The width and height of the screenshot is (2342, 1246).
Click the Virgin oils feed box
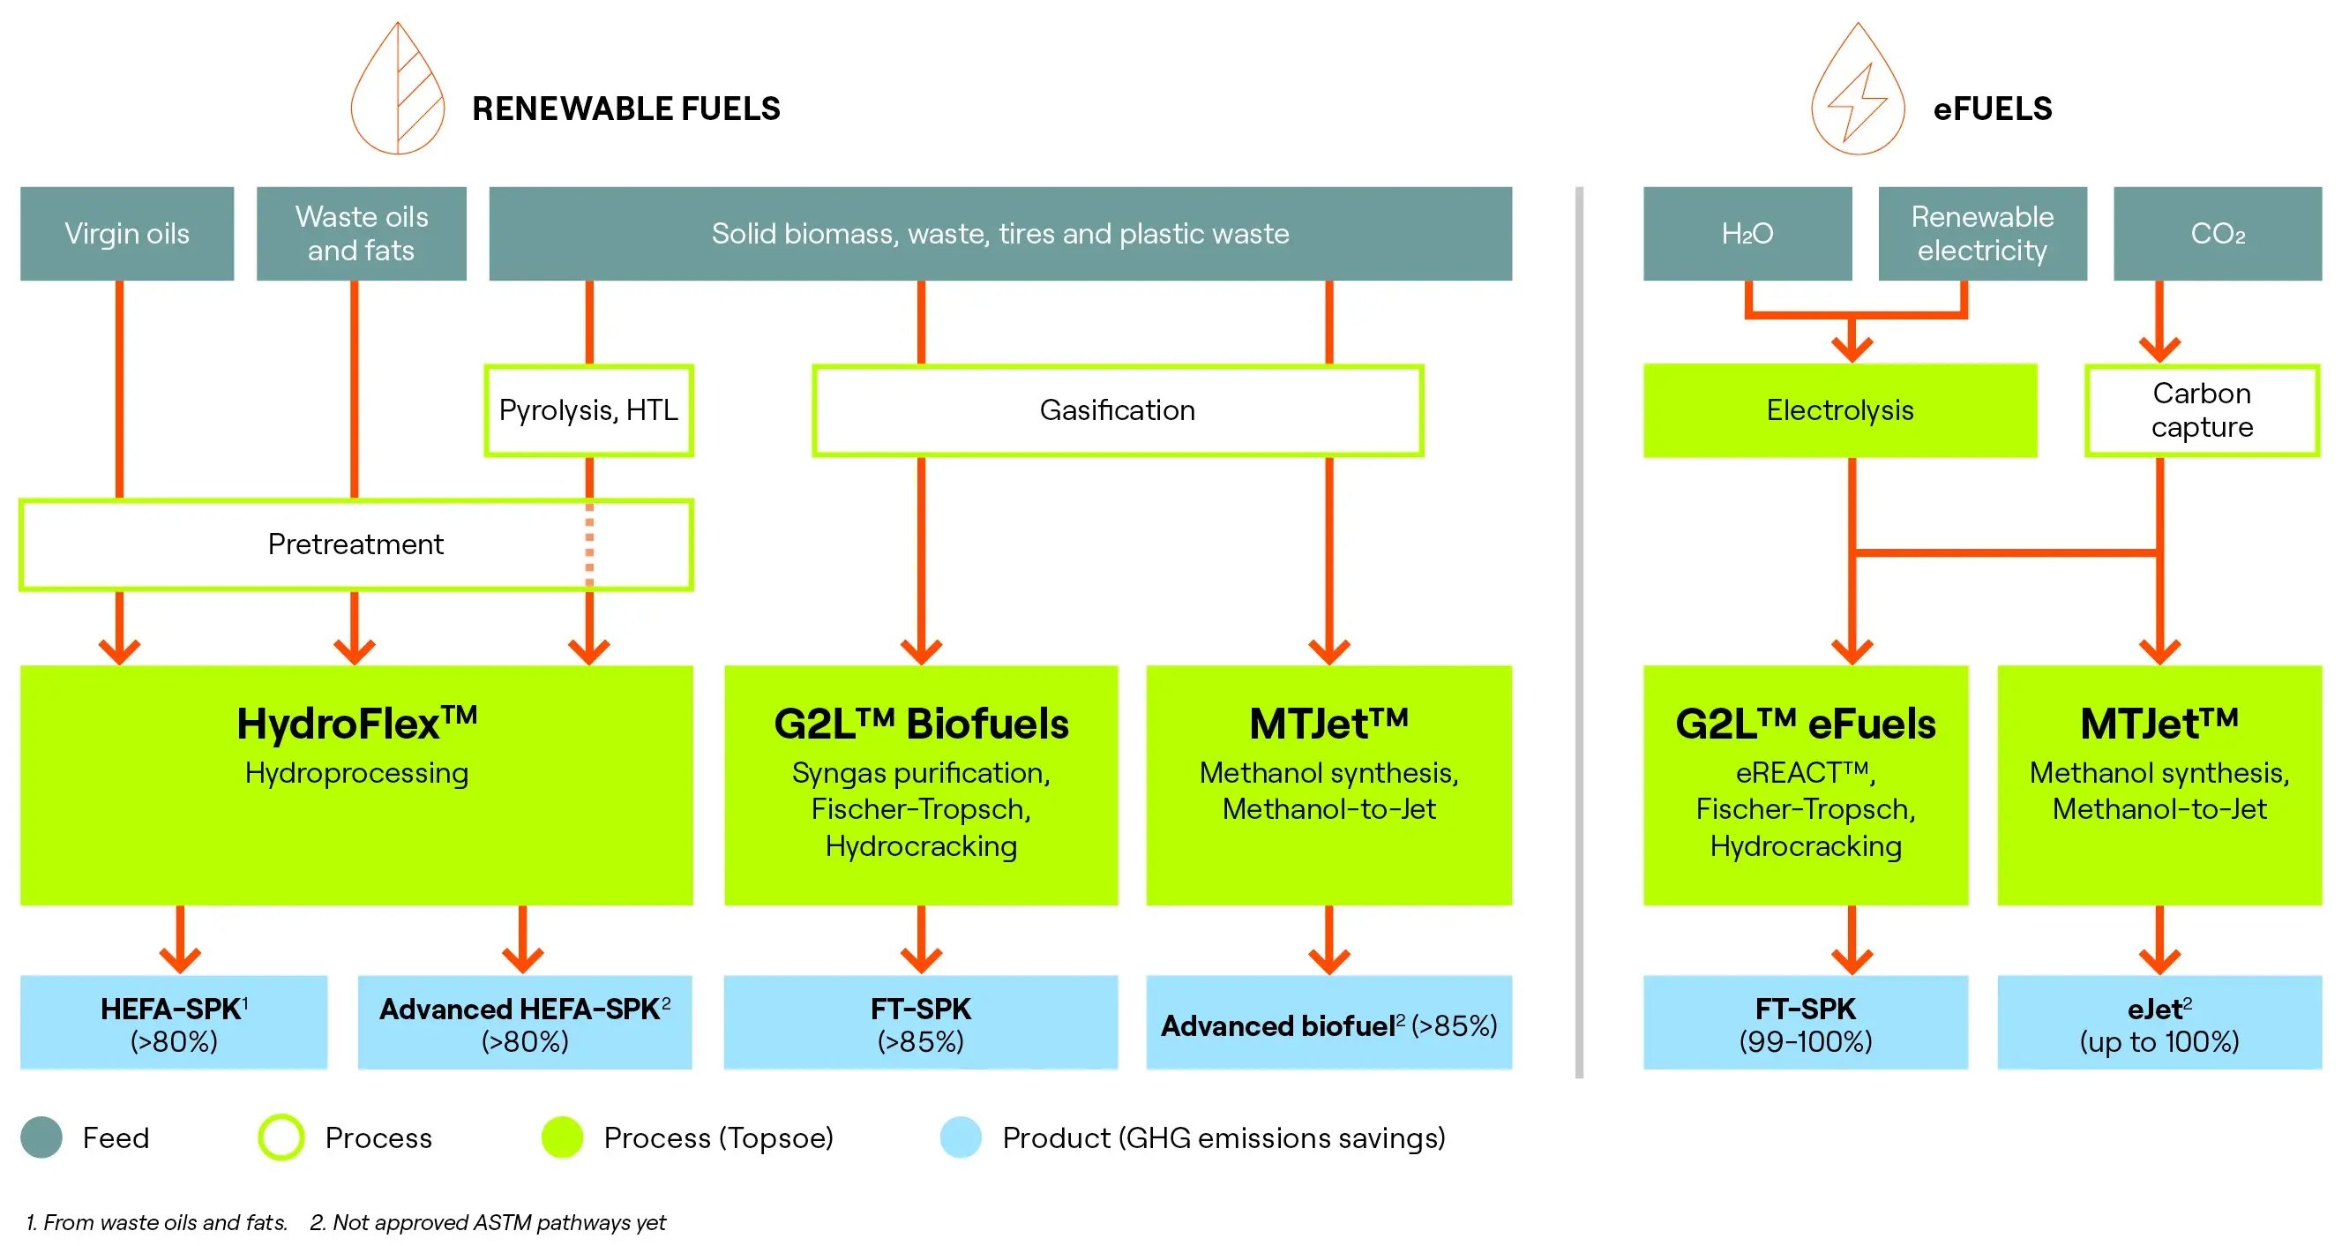[x=126, y=234]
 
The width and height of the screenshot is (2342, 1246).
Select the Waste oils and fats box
[x=361, y=234]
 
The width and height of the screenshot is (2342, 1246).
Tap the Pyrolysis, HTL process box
[x=588, y=410]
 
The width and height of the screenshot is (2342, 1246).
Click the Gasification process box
[x=1118, y=410]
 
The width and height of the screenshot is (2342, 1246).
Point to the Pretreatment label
[x=355, y=544]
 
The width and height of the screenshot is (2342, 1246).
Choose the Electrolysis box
[x=1839, y=410]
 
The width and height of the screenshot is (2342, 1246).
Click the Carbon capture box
[x=2201, y=410]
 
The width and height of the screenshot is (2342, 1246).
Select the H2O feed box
[x=1747, y=234]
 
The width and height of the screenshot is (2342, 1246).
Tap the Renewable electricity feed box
[x=1982, y=234]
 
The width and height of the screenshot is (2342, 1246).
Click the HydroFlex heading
[x=355, y=724]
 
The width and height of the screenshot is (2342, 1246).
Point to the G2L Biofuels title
[x=920, y=724]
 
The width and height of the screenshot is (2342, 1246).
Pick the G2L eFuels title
[x=1805, y=724]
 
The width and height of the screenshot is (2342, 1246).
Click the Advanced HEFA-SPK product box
[x=525, y=1023]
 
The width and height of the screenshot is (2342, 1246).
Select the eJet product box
[x=2159, y=1023]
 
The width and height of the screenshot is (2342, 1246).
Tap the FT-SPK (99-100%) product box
[x=1805, y=1023]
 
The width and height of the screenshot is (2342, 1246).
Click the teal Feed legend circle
[x=41, y=1137]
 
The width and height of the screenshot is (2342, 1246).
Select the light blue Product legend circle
[x=960, y=1137]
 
